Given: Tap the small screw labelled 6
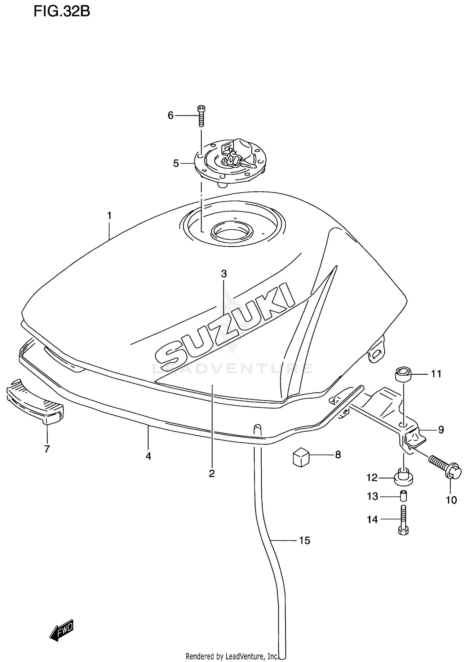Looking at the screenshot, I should (201, 116).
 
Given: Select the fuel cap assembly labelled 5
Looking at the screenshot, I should (230, 163).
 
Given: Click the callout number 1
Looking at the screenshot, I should (109, 215).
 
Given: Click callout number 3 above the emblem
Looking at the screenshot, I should (224, 274).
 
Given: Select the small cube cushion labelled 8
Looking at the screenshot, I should (301, 456).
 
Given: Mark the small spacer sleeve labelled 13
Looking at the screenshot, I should (403, 496).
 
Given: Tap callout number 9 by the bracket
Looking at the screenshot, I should (441, 430).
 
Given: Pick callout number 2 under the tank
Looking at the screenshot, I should (212, 474).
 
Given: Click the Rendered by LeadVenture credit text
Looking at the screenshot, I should (232, 656).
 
